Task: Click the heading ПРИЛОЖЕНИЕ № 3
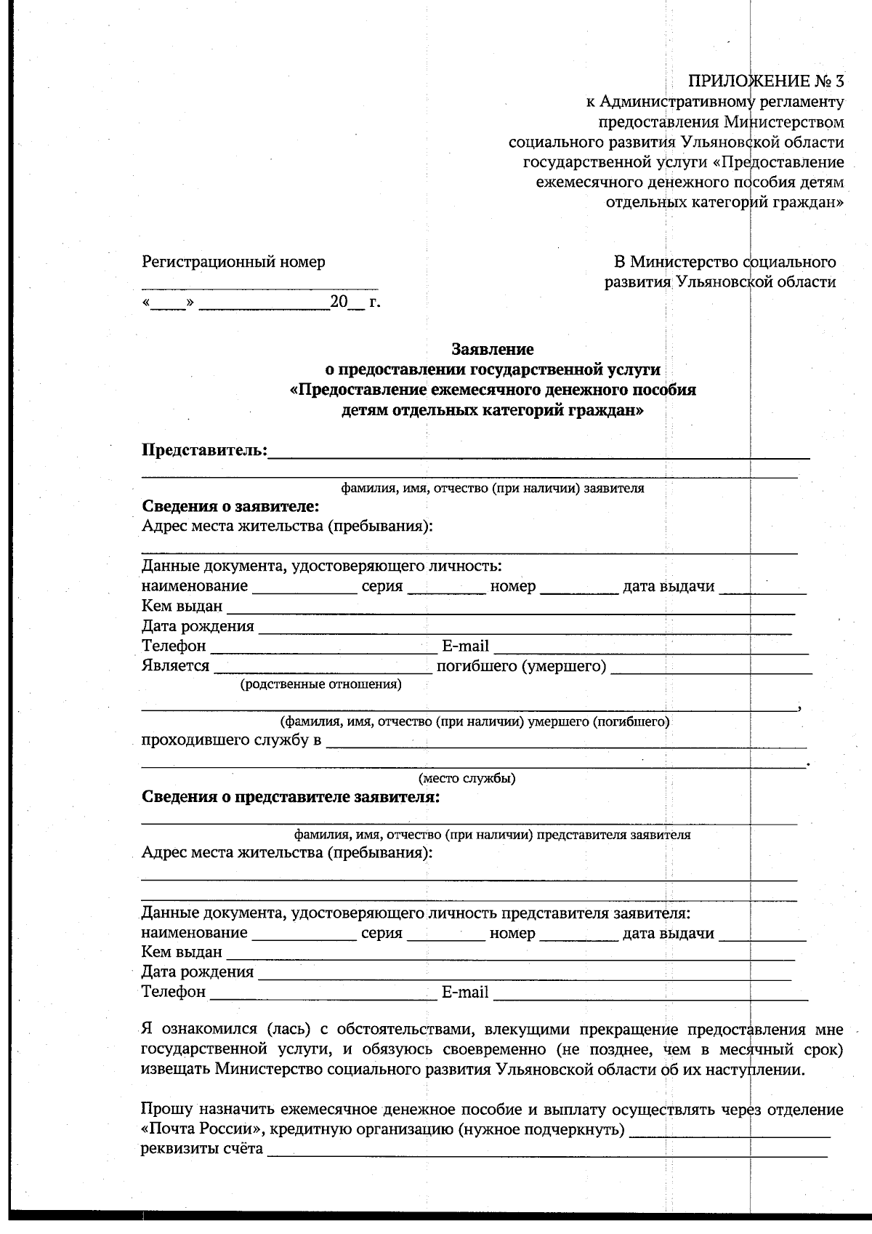pyautogui.click(x=766, y=81)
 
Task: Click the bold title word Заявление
pyautogui.click(x=492, y=350)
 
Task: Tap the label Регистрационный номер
pyautogui.click(x=233, y=262)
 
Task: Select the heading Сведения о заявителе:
pyautogui.click(x=230, y=506)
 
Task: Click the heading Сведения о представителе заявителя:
pyautogui.click(x=291, y=797)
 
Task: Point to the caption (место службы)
pyautogui.click(x=468, y=779)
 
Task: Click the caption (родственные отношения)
pyautogui.click(x=320, y=684)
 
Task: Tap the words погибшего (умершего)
pyautogui.click(x=521, y=666)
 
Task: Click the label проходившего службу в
pyautogui.click(x=231, y=741)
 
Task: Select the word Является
pyautogui.click(x=175, y=666)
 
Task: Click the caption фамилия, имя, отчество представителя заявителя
pyautogui.click(x=492, y=835)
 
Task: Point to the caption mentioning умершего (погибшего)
pyautogui.click(x=475, y=722)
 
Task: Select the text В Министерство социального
pyautogui.click(x=724, y=262)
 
